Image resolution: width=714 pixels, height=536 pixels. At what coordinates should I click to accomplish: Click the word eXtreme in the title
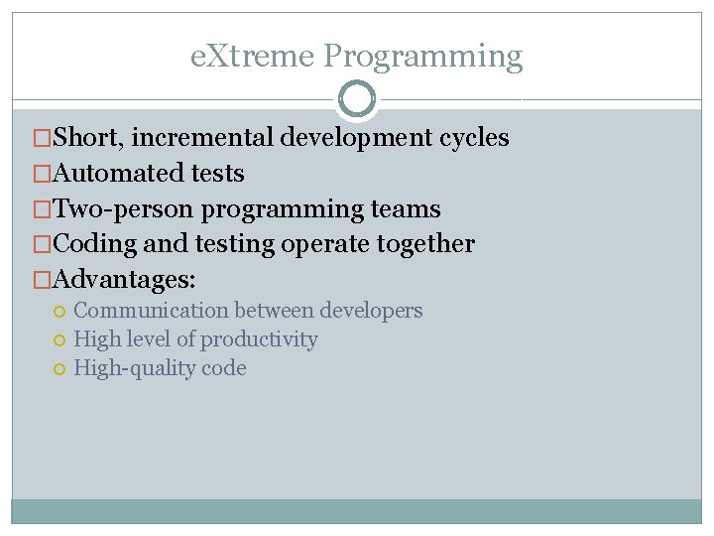(253, 57)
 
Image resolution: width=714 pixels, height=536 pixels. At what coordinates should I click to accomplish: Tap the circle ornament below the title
(357, 99)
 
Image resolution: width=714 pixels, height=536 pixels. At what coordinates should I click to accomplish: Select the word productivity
(260, 339)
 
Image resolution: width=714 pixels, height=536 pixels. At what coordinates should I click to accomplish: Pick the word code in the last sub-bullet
(225, 368)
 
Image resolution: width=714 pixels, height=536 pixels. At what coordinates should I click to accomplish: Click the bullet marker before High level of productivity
(60, 340)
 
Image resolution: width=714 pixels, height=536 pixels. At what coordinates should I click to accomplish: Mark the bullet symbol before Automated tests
(42, 174)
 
